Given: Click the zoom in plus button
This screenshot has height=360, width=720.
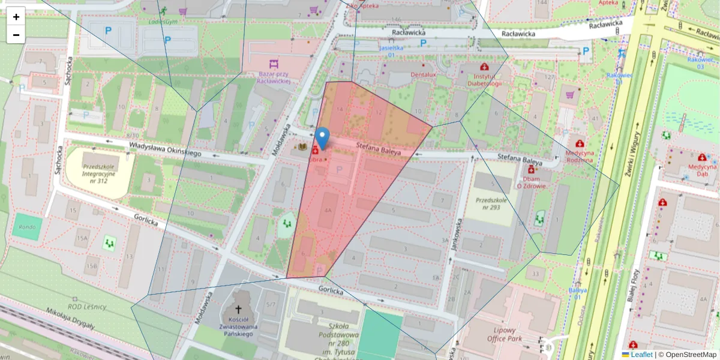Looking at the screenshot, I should point(16,17).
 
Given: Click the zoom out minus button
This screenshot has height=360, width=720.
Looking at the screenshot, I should point(16,35).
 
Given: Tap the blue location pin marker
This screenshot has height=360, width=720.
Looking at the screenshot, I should point(322,139).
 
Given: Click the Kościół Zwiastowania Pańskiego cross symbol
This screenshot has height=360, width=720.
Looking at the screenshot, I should point(238,309).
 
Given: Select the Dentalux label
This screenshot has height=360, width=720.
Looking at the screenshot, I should point(423,74).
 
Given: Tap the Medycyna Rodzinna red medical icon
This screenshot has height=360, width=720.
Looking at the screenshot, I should point(580,143).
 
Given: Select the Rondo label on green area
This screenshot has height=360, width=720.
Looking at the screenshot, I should point(28,227).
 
